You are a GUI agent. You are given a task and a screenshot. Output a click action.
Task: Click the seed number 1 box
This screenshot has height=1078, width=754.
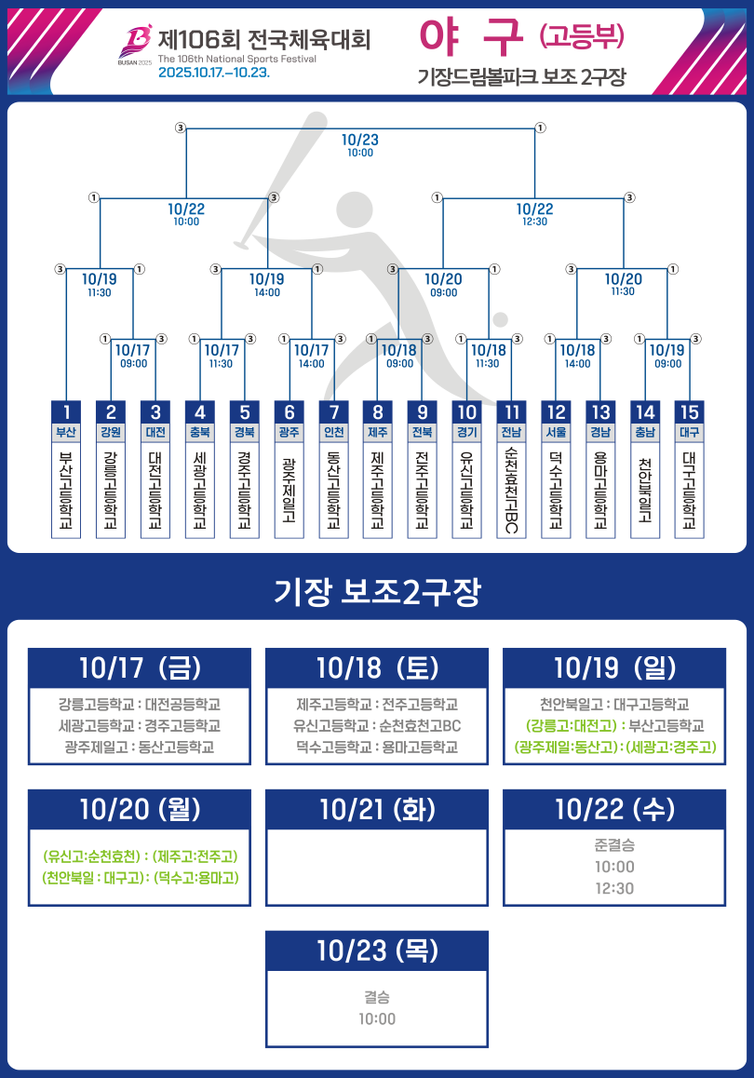(x=66, y=412)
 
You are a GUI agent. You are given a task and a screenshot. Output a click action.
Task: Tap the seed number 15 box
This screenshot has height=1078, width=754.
(x=689, y=412)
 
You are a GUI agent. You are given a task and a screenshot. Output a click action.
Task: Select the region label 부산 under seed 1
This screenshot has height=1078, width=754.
(x=66, y=433)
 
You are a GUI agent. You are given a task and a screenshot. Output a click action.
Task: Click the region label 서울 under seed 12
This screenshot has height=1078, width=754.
(x=556, y=433)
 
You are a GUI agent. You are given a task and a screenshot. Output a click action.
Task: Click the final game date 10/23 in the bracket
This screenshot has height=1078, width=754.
(x=360, y=140)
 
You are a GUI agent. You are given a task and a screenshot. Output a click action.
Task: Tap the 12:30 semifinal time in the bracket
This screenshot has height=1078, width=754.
(x=534, y=222)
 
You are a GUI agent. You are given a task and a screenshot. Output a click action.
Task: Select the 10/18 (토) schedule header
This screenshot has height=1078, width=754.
(x=377, y=667)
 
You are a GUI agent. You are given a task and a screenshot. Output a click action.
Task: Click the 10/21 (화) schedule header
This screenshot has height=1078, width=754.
(x=377, y=809)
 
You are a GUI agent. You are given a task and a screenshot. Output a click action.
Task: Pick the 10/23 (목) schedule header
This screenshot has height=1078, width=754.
(x=377, y=950)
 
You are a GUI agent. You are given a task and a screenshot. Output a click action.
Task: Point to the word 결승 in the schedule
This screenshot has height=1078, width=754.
(x=377, y=997)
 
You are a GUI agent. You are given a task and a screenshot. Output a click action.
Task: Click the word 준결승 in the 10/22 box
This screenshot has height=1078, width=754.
(x=614, y=846)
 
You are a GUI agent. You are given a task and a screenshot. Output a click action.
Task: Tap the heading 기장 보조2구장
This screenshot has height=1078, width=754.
(x=377, y=592)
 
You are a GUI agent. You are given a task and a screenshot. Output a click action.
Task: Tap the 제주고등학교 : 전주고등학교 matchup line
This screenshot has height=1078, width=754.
(x=377, y=705)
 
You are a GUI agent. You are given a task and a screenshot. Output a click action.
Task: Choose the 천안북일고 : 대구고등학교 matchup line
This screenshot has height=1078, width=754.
(x=614, y=705)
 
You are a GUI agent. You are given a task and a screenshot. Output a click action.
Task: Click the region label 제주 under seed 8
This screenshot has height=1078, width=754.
(x=378, y=433)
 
